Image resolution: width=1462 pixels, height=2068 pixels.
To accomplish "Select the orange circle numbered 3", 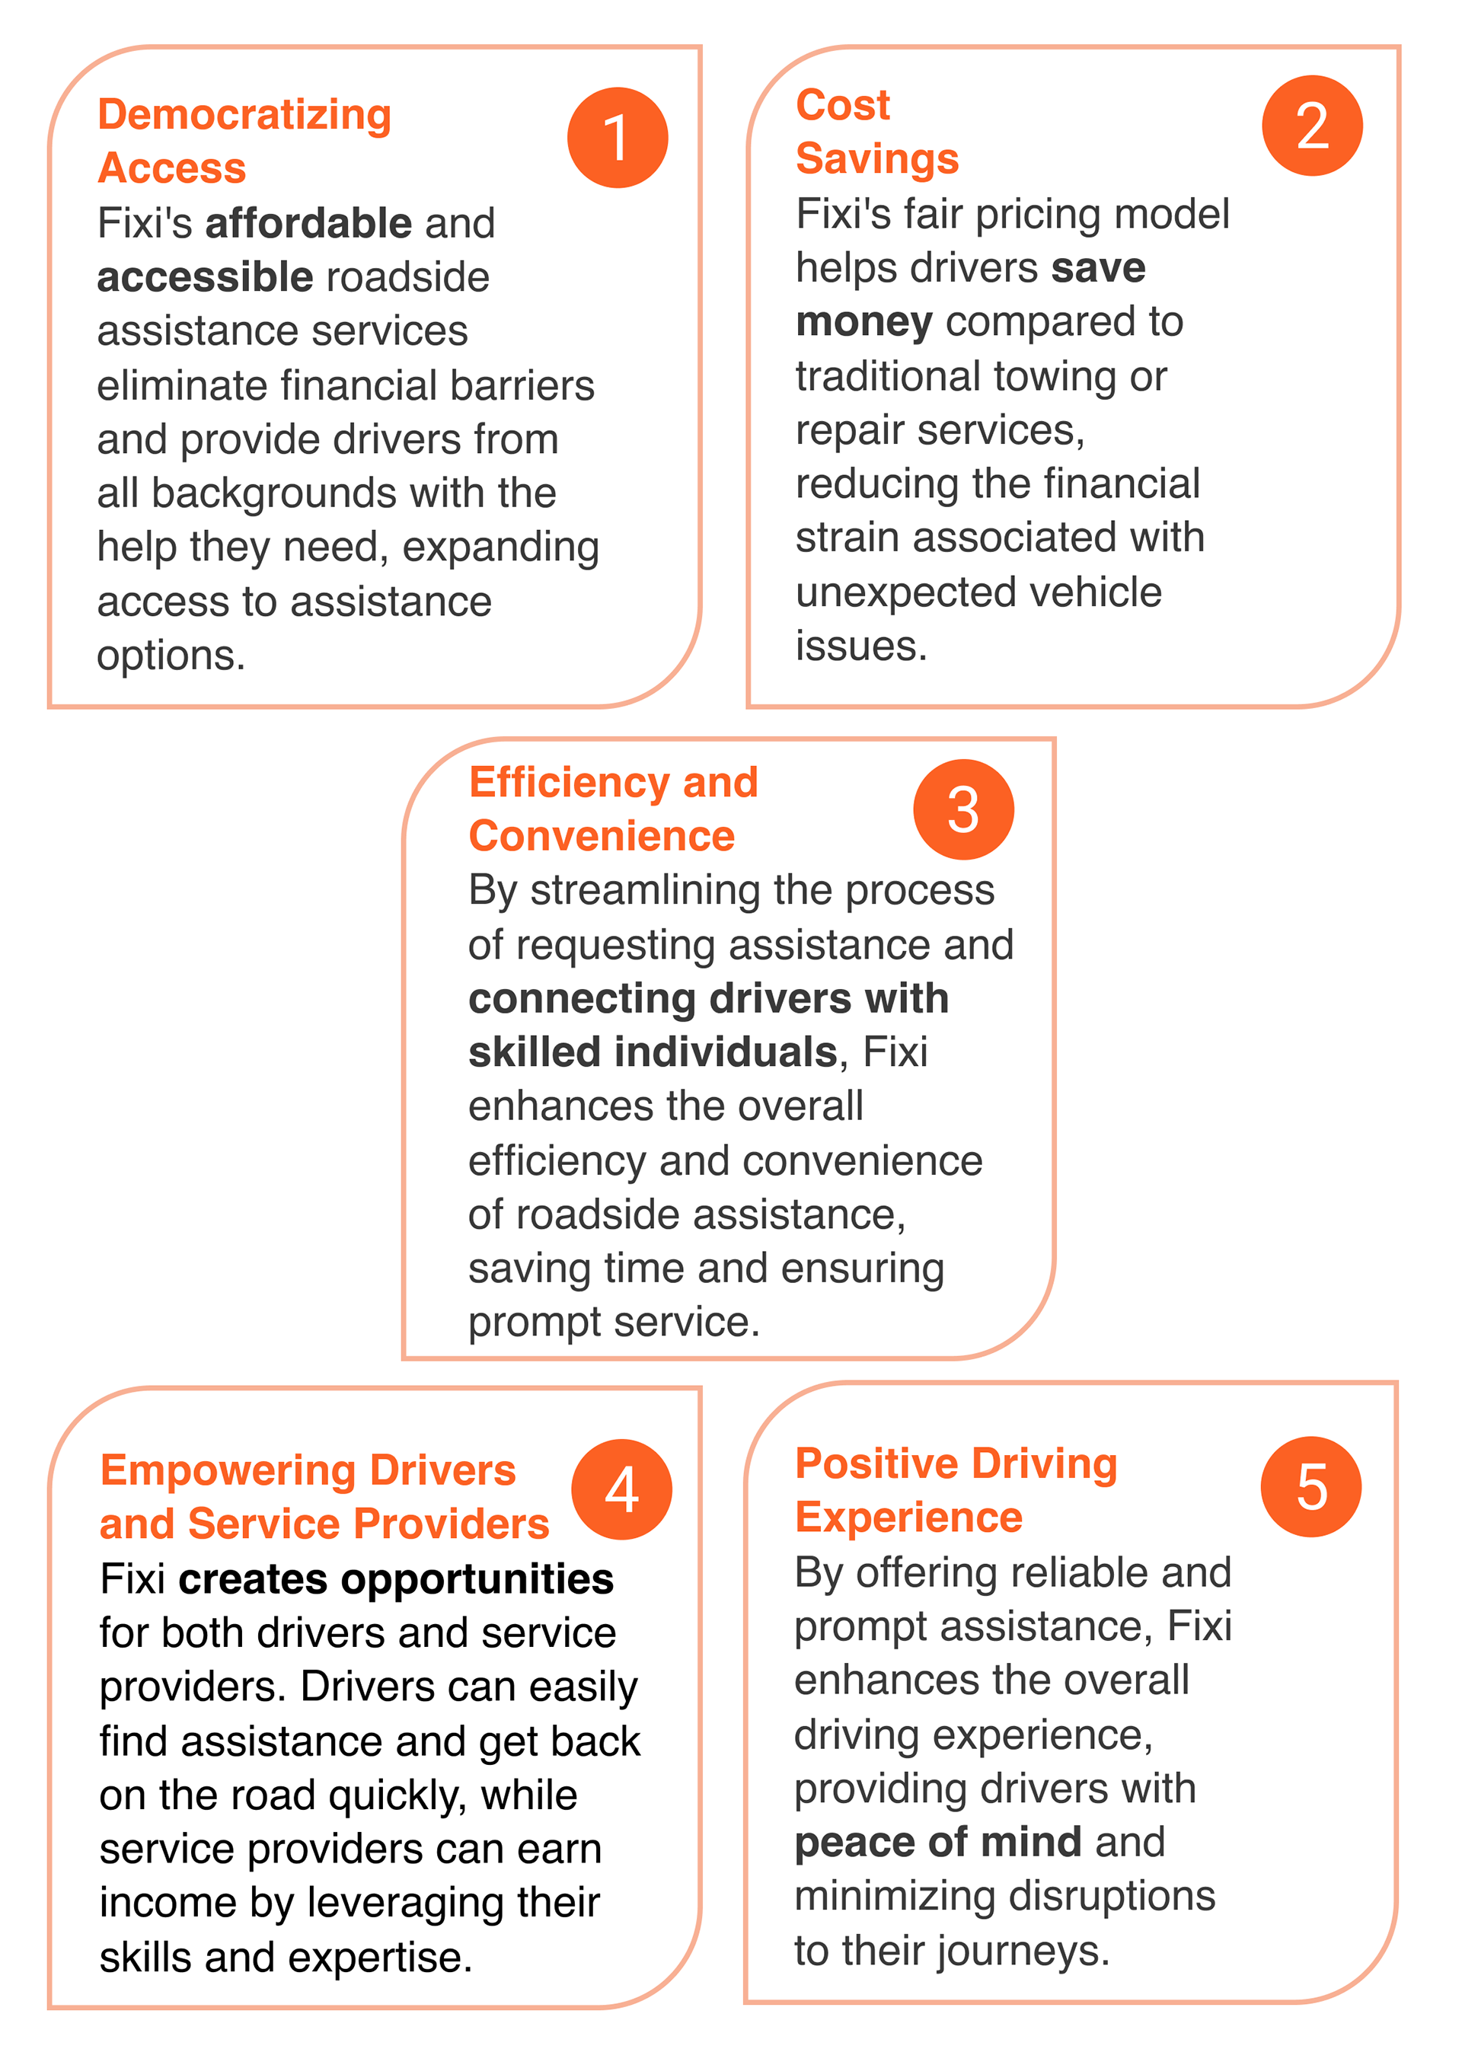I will (963, 809).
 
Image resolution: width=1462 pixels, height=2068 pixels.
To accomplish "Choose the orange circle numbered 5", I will (1310, 1486).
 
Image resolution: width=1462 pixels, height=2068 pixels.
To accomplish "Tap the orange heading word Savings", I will (876, 159).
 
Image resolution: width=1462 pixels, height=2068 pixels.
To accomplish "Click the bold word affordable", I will (308, 223).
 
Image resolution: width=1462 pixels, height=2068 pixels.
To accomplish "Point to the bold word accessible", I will (205, 277).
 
